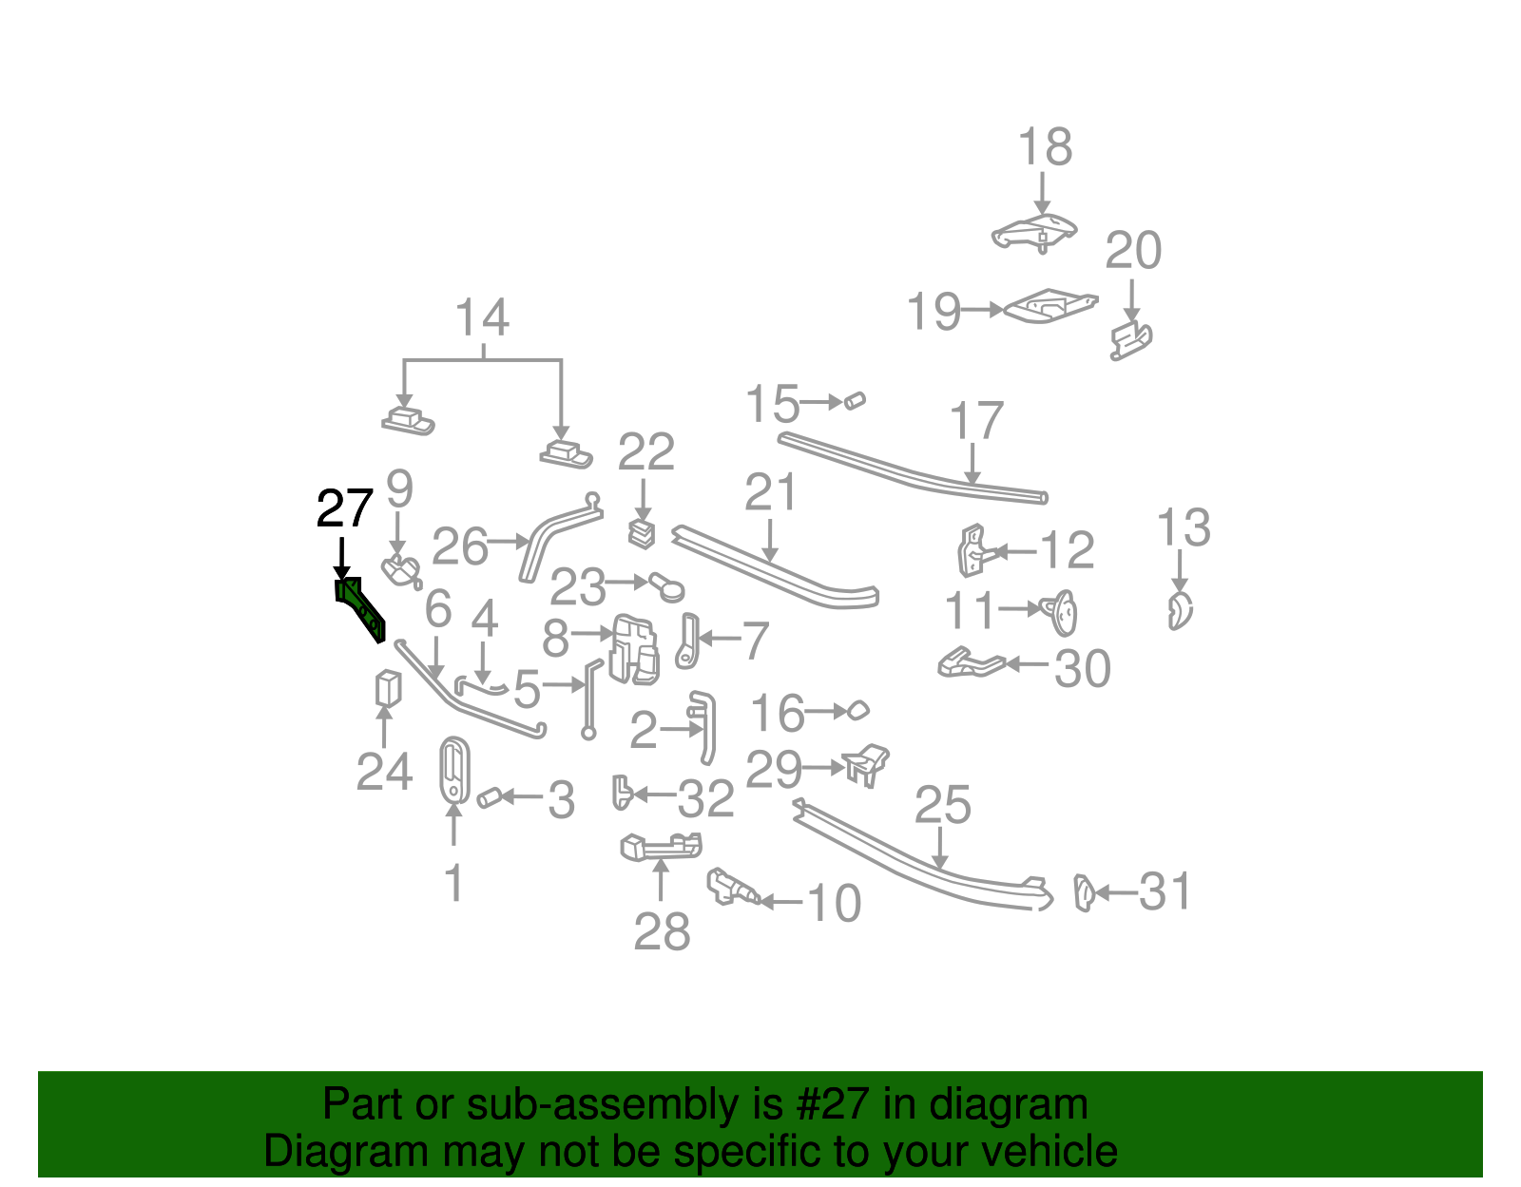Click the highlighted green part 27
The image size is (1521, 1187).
(360, 608)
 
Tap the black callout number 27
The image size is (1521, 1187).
(344, 509)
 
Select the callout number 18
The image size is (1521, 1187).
(1045, 147)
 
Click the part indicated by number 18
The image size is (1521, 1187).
(1034, 232)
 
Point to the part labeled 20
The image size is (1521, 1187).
(1131, 340)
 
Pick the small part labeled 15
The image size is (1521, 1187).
(855, 401)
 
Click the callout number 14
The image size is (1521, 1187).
(482, 317)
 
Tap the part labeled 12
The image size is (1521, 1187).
(972, 550)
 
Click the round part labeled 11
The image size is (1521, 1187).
(1060, 613)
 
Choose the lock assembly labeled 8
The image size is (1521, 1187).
(634, 650)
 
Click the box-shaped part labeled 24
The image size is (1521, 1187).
(388, 689)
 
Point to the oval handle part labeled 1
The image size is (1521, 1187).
(454, 770)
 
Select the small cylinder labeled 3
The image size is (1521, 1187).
(490, 798)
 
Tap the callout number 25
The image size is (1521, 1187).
(942, 805)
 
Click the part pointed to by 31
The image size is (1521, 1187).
(1084, 893)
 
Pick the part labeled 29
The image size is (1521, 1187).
(867, 765)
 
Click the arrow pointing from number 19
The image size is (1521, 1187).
(983, 310)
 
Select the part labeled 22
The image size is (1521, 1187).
(642, 534)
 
